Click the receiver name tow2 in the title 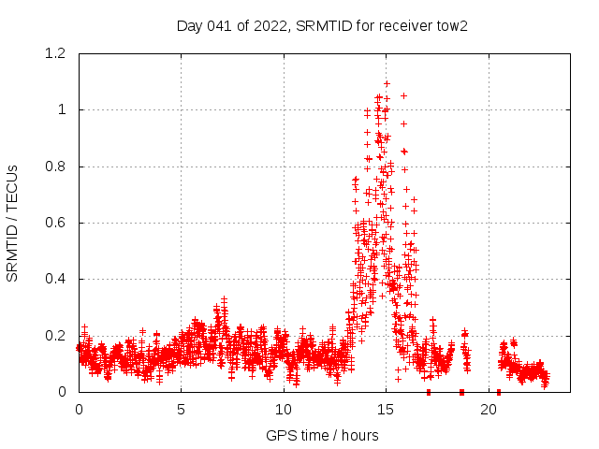(451, 25)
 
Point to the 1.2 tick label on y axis (56, 54)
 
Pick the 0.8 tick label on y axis (56, 167)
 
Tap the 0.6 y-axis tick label (56, 223)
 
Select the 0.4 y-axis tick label (56, 279)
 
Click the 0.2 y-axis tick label (56, 336)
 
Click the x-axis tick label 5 (182, 410)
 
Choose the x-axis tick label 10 (284, 410)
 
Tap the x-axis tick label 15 (387, 410)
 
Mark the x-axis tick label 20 (489, 410)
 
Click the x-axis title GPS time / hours (322, 435)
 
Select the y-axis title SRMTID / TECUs (13, 224)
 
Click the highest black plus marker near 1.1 (386, 83)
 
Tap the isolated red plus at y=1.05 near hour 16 (403, 95)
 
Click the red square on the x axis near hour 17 (428, 392)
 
